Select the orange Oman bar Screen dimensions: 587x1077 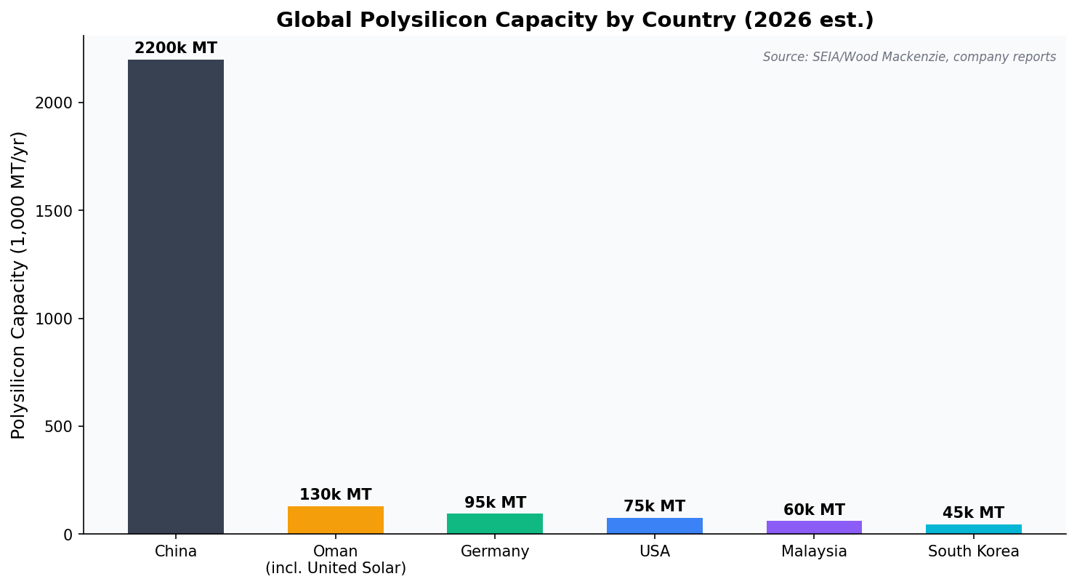click(335, 520)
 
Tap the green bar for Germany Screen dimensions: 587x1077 click(494, 524)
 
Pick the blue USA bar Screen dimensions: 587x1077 click(654, 526)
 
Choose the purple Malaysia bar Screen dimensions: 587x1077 click(814, 527)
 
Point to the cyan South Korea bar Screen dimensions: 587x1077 click(973, 529)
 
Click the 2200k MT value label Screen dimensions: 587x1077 click(175, 49)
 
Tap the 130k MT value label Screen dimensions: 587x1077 click(335, 495)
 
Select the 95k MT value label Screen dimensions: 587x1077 click(495, 503)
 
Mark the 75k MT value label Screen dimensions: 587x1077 click(654, 507)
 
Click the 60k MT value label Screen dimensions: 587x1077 click(814, 511)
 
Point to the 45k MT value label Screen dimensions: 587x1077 click(973, 514)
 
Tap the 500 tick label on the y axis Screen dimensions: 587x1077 click(58, 427)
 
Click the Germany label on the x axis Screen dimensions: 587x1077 click(495, 552)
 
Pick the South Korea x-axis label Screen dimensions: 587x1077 click(973, 552)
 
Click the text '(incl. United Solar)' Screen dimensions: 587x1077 click(335, 569)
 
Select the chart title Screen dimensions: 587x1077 click(575, 20)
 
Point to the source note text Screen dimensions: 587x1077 click(909, 57)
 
